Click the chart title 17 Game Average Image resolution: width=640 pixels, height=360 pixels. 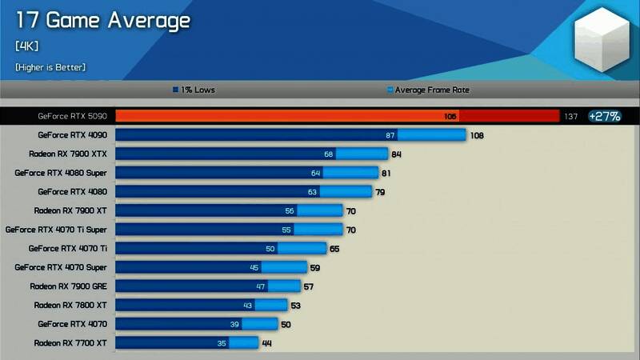point(102,20)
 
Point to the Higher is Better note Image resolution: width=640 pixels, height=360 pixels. point(50,67)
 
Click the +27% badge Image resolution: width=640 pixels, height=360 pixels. point(604,116)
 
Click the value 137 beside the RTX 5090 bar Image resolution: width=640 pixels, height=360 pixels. point(570,117)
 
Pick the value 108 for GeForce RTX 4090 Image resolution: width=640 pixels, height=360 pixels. point(477,136)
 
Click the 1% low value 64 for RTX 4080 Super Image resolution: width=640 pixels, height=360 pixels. point(315,173)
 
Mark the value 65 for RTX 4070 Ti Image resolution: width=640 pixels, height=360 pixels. point(334,249)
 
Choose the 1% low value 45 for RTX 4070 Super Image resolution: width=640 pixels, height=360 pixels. point(254,267)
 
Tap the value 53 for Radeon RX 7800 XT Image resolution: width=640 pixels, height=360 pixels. point(295,306)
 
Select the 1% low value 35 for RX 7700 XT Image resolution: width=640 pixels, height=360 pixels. point(222,343)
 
